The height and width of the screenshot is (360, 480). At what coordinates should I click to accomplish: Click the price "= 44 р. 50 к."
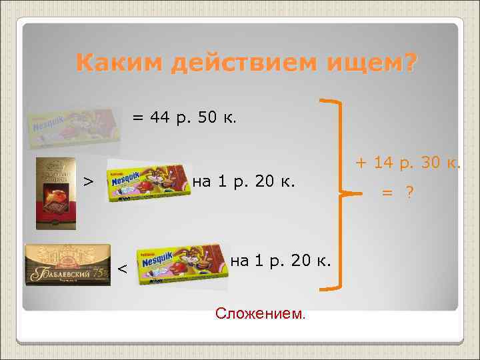click(183, 118)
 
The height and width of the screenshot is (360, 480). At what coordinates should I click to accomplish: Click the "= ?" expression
click(398, 192)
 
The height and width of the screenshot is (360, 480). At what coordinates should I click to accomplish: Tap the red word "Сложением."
click(261, 313)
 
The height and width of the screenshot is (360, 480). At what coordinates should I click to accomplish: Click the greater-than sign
click(87, 181)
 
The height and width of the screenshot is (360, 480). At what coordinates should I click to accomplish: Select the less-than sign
click(122, 269)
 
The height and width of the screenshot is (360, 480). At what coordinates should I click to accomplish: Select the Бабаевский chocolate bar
click(67, 265)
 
